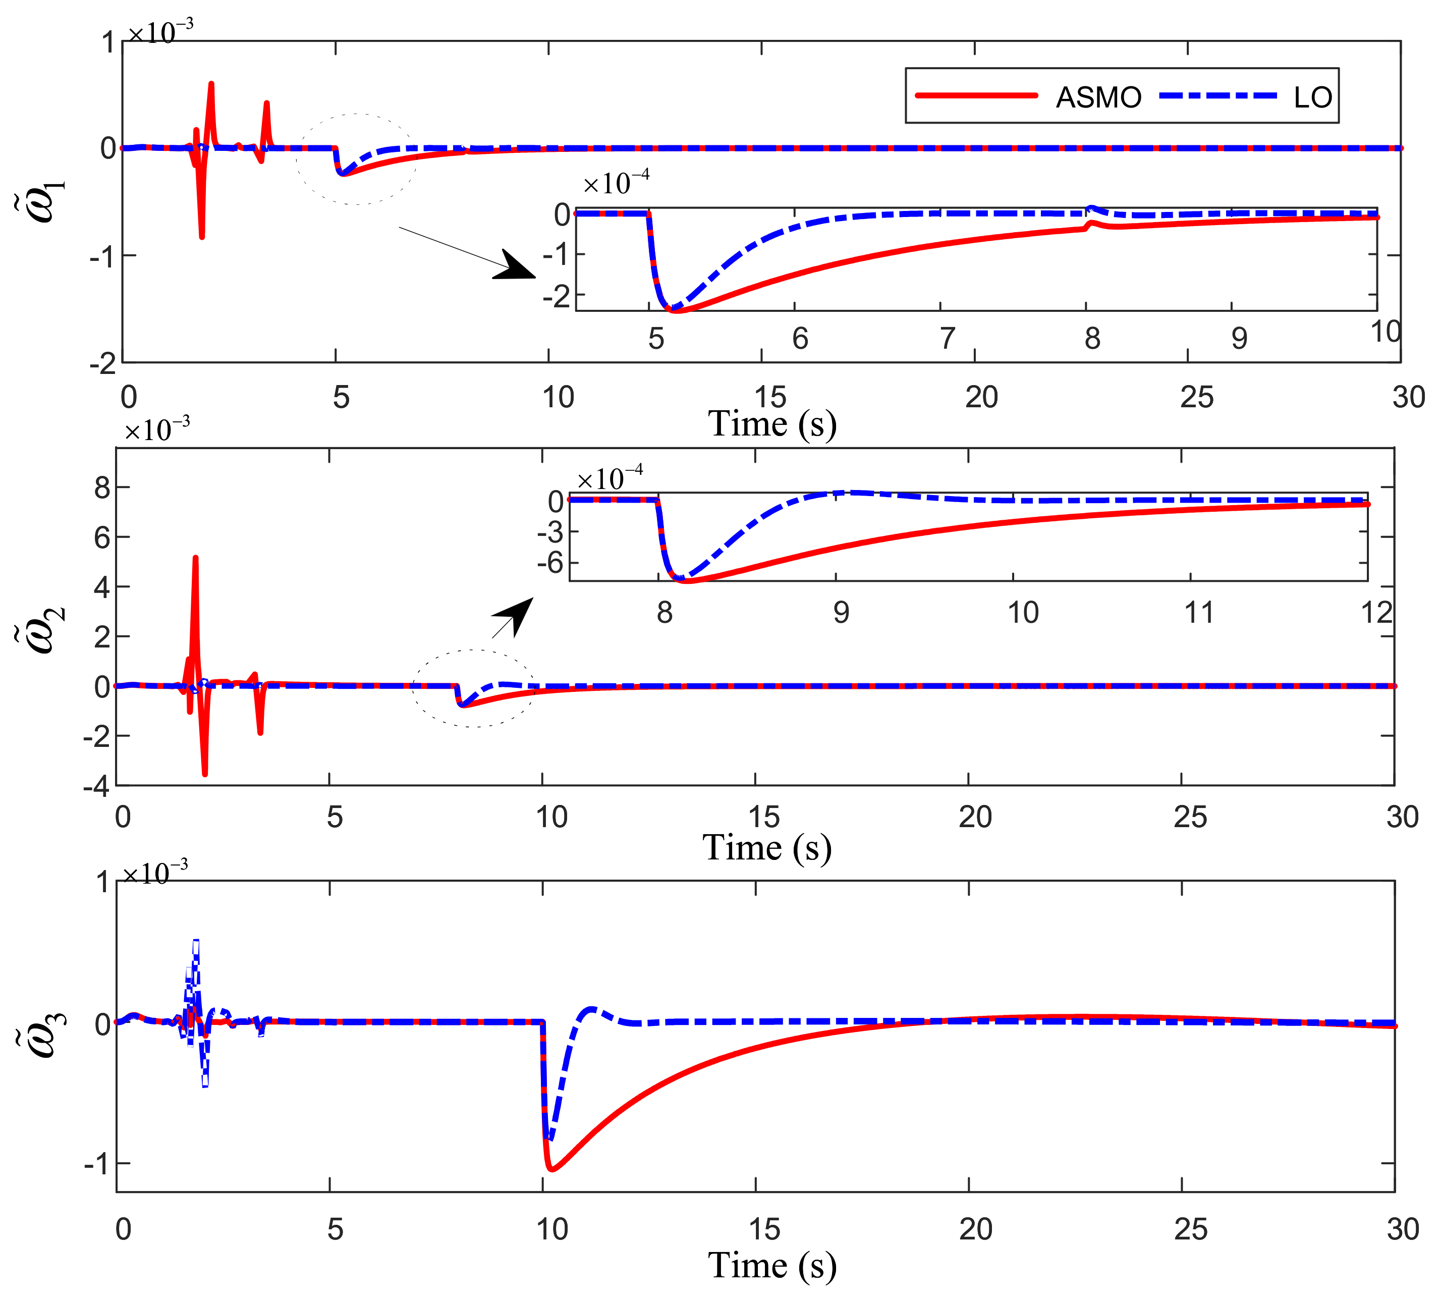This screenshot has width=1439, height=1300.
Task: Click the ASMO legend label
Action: point(1098,97)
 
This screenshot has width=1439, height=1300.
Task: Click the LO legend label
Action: point(1313,97)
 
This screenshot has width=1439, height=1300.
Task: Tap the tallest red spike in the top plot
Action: point(211,84)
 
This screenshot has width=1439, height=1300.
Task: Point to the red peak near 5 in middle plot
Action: point(196,558)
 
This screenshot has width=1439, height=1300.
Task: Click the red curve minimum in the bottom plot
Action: point(552,1169)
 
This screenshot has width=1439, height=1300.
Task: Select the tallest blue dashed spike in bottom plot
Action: point(196,941)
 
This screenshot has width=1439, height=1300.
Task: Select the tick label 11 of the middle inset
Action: point(1199,613)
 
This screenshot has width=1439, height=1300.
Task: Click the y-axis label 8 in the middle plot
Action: point(102,489)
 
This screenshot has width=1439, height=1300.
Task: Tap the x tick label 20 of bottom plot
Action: point(975,1230)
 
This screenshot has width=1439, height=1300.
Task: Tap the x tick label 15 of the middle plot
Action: point(764,817)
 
